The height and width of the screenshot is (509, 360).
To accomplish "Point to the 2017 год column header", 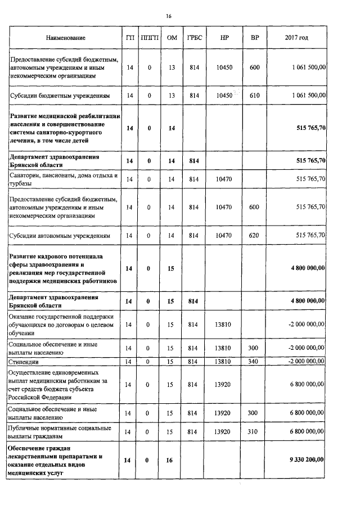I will click(296, 38).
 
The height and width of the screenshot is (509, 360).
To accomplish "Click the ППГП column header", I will click(150, 38).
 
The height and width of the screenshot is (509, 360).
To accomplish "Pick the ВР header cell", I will click(254, 38).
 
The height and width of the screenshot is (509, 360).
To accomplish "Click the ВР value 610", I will click(254, 96).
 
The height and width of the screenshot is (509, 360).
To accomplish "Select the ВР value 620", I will click(254, 235).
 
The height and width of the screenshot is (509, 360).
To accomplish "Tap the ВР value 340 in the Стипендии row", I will click(254, 361).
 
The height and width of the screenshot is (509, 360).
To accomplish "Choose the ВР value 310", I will click(254, 432).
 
